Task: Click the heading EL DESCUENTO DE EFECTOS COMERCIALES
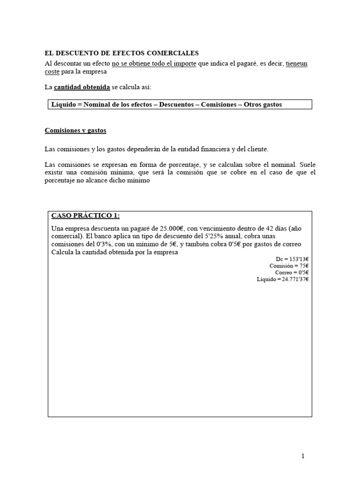coord(121,53)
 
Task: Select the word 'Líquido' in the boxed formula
coord(65,105)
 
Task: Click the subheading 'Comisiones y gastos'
coord(75,130)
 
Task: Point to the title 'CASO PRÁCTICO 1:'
coord(85,216)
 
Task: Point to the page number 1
coord(303,455)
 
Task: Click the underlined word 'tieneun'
coord(296,63)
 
